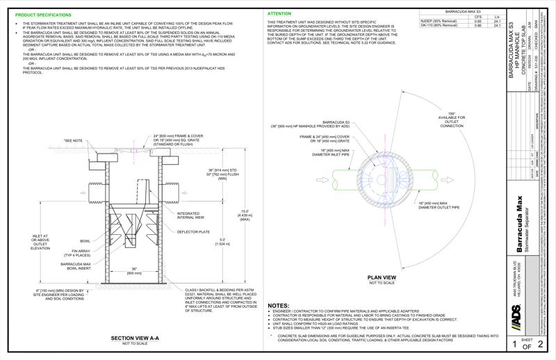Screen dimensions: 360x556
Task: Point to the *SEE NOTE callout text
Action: pyautogui.click(x=72, y=140)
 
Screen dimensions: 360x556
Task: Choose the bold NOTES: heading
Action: pyautogui.click(x=279, y=306)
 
